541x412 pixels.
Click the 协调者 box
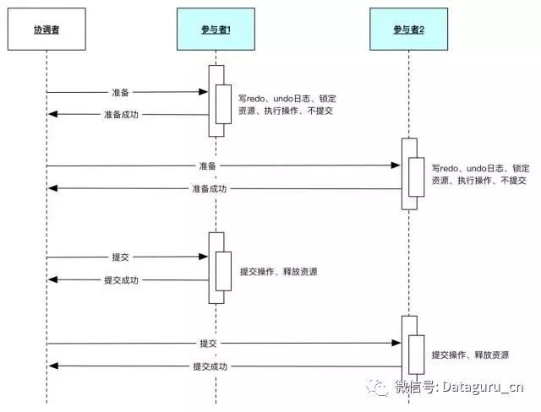(x=47, y=30)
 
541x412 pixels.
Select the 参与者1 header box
(x=216, y=30)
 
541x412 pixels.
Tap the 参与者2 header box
(x=409, y=30)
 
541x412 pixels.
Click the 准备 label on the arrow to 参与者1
(x=121, y=92)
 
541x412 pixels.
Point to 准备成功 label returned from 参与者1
(x=121, y=115)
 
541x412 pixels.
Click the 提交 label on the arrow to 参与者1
(x=121, y=257)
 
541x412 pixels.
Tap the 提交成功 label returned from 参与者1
(x=121, y=279)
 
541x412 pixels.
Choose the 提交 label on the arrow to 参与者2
(x=208, y=344)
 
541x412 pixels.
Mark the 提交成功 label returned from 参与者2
(x=208, y=366)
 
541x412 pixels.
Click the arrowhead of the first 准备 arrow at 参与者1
(x=205, y=92)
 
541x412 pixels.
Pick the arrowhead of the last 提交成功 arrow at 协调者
(x=52, y=366)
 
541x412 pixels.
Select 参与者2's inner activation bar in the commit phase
(x=416, y=354)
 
